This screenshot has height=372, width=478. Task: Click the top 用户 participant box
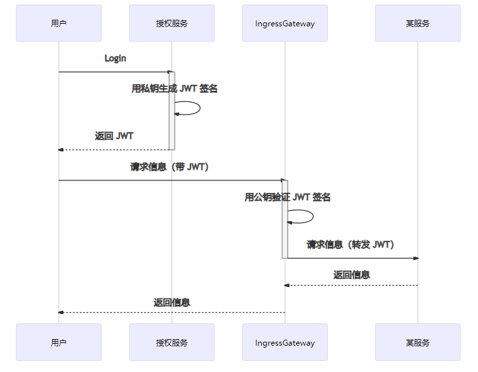point(59,23)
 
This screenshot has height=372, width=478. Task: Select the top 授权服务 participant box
point(172,23)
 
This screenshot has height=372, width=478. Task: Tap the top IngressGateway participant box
point(285,23)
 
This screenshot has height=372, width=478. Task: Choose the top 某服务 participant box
point(417,23)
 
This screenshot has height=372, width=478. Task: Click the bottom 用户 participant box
point(59,342)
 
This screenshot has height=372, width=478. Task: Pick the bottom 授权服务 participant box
point(172,342)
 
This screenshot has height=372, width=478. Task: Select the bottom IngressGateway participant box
point(285,342)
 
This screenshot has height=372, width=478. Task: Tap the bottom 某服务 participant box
point(417,342)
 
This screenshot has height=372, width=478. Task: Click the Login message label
point(115,59)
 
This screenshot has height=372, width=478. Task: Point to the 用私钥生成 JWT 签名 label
point(174,89)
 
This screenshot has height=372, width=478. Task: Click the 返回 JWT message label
point(114,136)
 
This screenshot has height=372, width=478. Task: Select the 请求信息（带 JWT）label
point(169,167)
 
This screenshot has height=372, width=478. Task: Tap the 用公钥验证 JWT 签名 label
point(287,197)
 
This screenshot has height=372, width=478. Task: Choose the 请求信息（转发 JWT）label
point(350,245)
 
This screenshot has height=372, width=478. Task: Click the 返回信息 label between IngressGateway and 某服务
point(351,275)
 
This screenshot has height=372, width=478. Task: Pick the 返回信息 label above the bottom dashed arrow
point(172,303)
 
